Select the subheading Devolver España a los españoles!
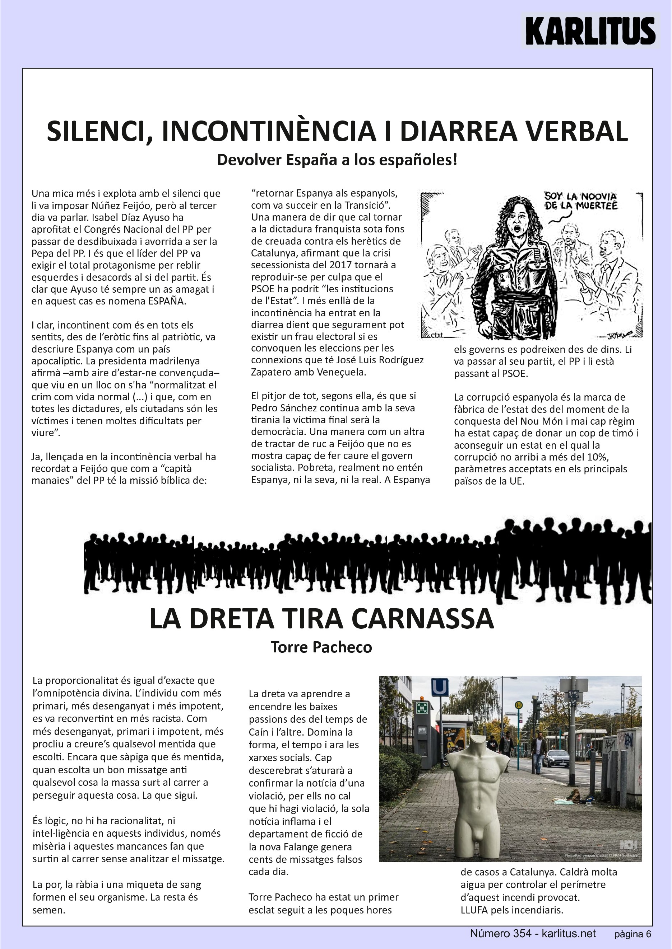(337, 160)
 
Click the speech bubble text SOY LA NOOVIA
(580, 196)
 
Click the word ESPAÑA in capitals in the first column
(166, 301)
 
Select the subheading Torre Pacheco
(321, 647)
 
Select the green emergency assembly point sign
(422, 708)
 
